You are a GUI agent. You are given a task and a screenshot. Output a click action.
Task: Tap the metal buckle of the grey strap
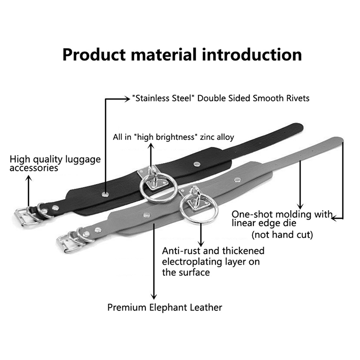click(x=66, y=242)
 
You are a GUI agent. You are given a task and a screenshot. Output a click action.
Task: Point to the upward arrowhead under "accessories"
click(x=29, y=178)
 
